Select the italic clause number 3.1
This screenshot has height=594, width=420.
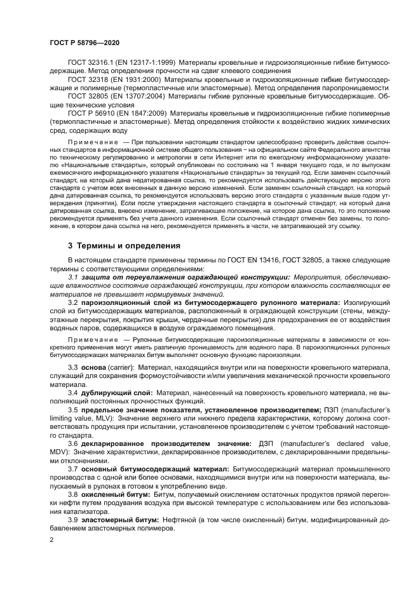72,277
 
